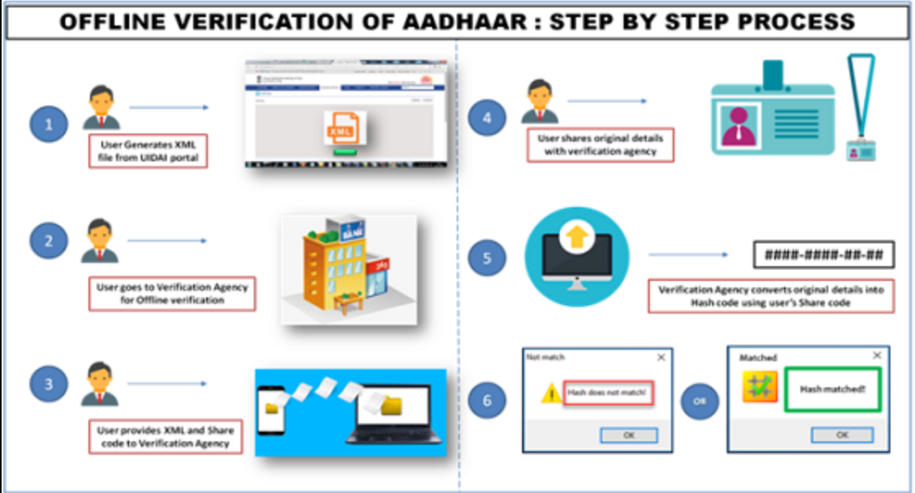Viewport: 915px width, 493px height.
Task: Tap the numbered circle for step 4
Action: tap(488, 118)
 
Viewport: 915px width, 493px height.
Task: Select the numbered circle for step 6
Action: tap(488, 401)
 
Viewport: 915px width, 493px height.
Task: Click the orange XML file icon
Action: tap(341, 129)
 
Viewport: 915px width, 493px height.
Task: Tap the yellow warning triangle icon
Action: tap(549, 394)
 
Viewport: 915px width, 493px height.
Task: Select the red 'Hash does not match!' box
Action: tap(609, 394)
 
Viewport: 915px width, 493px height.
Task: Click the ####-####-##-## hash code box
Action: tap(823, 255)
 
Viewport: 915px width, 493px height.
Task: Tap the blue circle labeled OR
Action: tap(700, 401)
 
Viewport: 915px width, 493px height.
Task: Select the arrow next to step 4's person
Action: tap(606, 101)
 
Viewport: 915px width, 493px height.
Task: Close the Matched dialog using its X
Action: tap(877, 356)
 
